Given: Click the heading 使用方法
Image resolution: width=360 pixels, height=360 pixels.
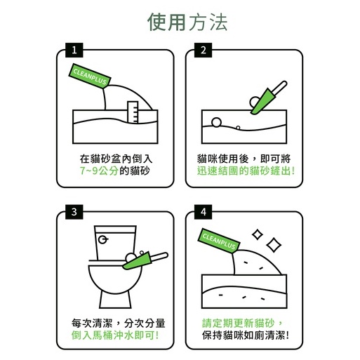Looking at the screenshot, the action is click(187, 22).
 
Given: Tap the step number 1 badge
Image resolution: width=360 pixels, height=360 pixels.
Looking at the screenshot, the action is click(74, 50).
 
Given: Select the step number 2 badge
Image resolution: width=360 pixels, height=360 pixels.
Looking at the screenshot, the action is click(203, 50).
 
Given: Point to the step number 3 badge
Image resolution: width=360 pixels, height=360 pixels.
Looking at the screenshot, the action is click(74, 212).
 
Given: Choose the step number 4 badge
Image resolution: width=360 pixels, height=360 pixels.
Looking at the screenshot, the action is click(203, 212).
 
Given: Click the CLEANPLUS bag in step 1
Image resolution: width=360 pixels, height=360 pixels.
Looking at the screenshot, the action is click(90, 76).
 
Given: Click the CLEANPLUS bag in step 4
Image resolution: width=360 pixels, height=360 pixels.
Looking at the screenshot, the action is click(219, 241).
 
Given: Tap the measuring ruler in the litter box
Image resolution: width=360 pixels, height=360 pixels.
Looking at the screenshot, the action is click(133, 112).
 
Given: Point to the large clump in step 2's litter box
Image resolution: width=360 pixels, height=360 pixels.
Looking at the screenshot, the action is click(216, 122).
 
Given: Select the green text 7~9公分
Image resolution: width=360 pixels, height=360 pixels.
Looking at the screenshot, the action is click(99, 171).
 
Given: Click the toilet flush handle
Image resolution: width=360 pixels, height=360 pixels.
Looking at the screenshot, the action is click(103, 239).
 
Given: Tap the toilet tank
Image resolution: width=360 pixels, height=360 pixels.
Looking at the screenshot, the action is click(115, 242).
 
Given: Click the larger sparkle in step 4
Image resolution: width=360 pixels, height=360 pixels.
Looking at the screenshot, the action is click(274, 245).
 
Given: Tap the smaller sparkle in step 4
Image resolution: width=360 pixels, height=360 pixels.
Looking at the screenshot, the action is click(258, 234).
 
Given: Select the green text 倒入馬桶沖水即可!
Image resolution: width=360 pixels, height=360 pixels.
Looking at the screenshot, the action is click(115, 335).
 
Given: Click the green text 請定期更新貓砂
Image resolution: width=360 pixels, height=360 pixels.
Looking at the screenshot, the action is click(238, 324).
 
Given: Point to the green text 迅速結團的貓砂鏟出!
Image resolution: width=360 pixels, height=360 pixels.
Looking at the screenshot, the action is click(246, 171).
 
